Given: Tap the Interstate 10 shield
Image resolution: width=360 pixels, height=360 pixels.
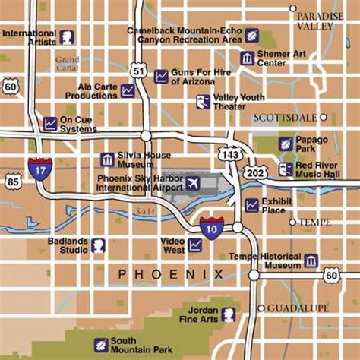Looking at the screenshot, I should (x=212, y=224).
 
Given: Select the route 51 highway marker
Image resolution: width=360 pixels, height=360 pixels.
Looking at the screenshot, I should (x=138, y=71).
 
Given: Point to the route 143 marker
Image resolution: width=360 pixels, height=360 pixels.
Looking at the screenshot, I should (x=229, y=154).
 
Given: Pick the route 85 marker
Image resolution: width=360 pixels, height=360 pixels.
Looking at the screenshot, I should (x=11, y=182).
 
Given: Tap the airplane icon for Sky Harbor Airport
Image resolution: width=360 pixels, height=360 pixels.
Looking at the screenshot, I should (x=193, y=183).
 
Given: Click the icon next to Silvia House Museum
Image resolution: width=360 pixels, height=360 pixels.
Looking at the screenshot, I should (x=107, y=159).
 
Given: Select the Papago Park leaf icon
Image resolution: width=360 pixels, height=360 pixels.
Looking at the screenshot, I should (x=285, y=144).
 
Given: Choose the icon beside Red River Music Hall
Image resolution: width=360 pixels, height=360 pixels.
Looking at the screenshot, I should (x=285, y=169).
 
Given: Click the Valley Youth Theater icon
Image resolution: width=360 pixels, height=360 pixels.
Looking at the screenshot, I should (x=203, y=102).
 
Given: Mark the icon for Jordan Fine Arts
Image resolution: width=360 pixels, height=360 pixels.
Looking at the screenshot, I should (x=227, y=313).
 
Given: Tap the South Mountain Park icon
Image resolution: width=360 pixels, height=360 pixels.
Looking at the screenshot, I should (x=99, y=345).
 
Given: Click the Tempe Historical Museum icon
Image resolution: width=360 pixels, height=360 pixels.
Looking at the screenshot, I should (x=311, y=261).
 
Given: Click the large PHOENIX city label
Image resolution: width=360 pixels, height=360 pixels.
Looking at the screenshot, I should (x=171, y=273).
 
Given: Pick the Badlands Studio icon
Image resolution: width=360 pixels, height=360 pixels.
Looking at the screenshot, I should (x=97, y=245).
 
